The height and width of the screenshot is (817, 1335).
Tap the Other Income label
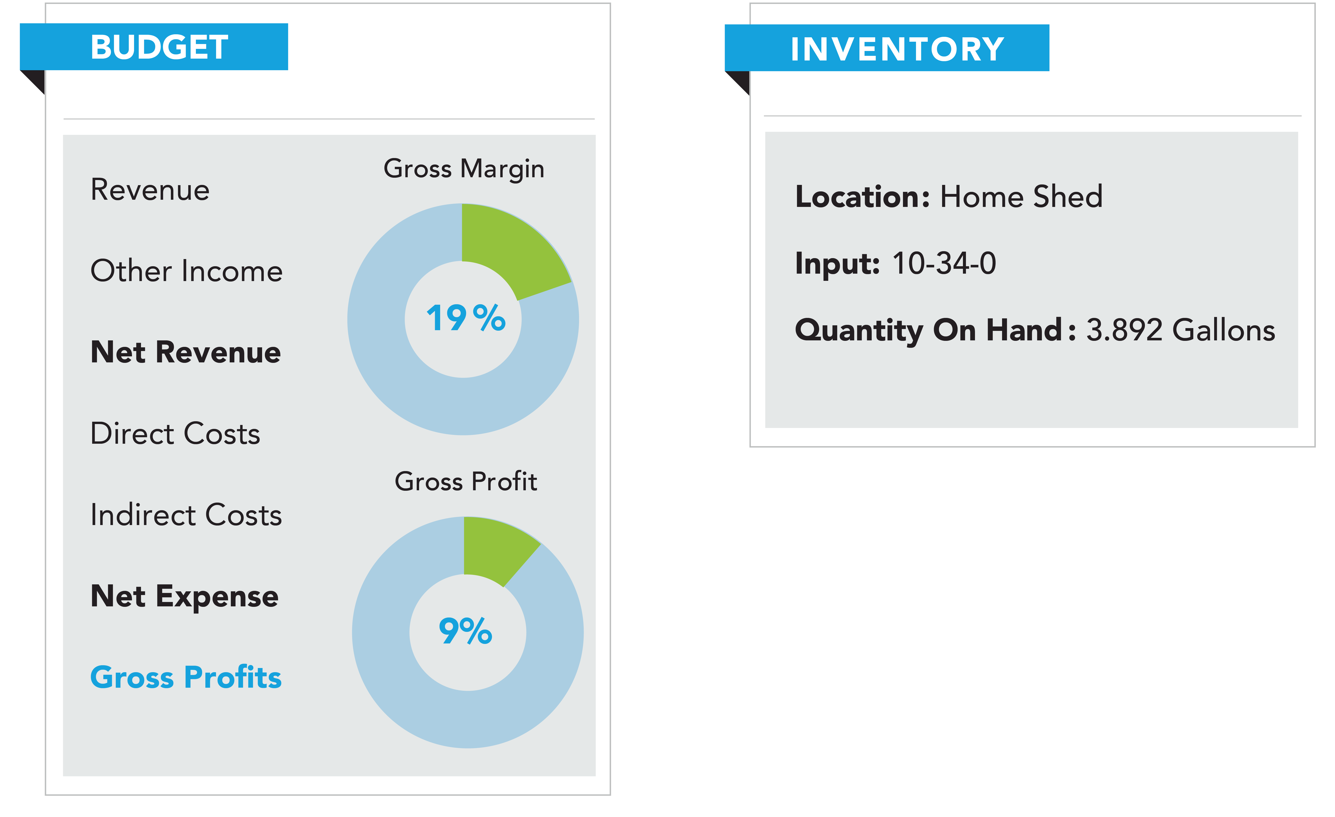click(186, 271)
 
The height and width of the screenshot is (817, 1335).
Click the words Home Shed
click(1021, 196)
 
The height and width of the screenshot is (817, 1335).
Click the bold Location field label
click(862, 196)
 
